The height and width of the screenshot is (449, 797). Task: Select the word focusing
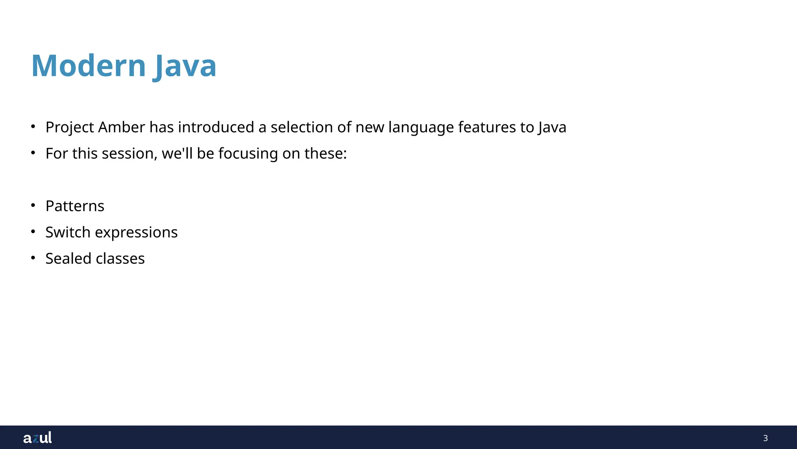248,154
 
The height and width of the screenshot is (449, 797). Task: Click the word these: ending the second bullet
325,154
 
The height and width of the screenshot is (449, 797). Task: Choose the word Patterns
75,206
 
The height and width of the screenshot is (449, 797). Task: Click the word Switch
68,232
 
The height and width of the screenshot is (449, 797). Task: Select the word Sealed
68,258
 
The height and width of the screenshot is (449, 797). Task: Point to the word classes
120,258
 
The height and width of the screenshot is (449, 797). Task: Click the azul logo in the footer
37,438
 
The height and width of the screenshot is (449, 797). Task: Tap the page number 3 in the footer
765,438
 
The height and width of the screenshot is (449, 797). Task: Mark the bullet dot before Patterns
33,205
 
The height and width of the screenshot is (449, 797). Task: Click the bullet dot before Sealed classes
33,258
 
